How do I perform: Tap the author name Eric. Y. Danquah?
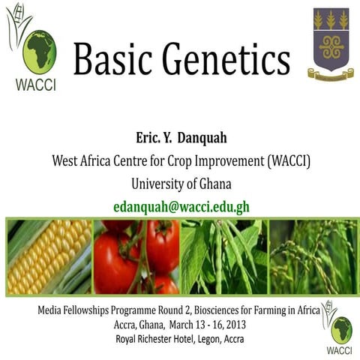coord(181,137)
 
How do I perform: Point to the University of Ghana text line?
coord(181,184)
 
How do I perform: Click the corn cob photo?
coord(48,256)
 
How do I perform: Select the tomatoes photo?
coord(136,256)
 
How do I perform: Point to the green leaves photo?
coord(223,256)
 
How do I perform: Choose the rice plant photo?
coord(311,256)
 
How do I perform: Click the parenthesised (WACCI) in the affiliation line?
coord(286,160)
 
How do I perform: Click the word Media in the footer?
coord(55,310)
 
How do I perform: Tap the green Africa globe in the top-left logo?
coord(39,51)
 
